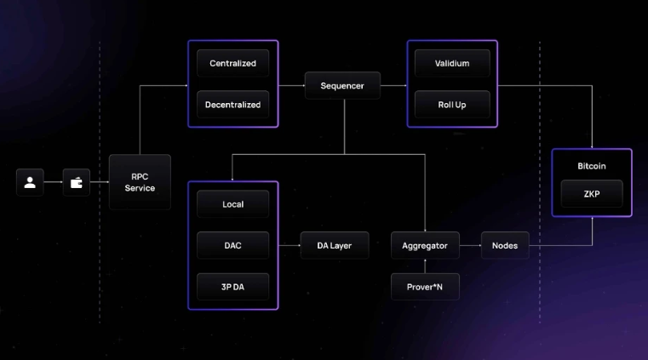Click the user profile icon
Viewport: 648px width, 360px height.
(30, 182)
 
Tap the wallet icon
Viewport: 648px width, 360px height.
(76, 182)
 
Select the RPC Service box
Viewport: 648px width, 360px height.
(140, 182)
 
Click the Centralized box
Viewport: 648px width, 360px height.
(232, 63)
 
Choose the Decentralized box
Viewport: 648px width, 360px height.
(232, 105)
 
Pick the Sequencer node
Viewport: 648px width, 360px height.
(342, 86)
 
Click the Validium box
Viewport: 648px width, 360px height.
(452, 63)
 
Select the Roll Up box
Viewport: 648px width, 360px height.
(452, 105)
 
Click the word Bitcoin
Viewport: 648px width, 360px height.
(591, 165)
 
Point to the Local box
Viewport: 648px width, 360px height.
(232, 204)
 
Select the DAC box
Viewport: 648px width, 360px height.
(232, 246)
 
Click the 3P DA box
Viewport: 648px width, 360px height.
(232, 287)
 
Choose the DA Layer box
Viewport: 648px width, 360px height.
(335, 246)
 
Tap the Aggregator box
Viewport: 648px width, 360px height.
(425, 246)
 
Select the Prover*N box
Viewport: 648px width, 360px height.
(425, 287)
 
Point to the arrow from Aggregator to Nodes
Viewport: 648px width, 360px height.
(470, 246)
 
